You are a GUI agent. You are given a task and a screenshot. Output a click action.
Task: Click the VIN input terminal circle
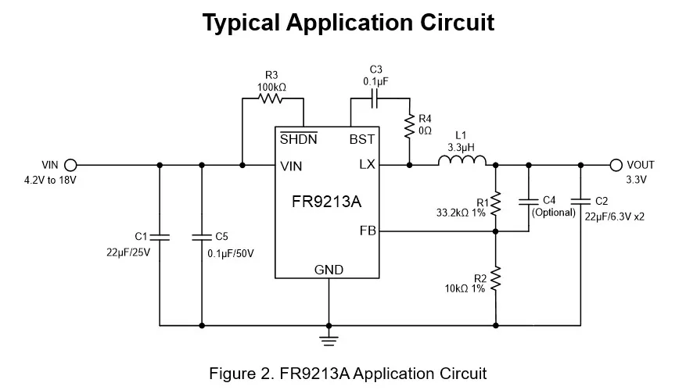(x=71, y=165)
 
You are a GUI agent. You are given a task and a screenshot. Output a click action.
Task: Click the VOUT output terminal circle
(x=616, y=165)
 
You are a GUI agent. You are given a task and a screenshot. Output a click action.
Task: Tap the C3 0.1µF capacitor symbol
(x=375, y=99)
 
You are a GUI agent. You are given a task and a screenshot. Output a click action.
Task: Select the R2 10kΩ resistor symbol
(x=496, y=279)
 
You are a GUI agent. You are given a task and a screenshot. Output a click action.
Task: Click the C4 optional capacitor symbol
(x=529, y=201)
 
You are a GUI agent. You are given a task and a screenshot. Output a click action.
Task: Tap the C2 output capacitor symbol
(x=581, y=201)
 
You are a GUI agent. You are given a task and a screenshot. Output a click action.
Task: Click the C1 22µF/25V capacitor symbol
(x=160, y=235)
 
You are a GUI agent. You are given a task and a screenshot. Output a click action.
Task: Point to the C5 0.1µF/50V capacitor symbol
(x=202, y=235)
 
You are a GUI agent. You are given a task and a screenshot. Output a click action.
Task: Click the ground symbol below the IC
(x=329, y=338)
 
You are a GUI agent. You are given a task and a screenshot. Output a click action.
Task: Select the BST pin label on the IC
(x=361, y=139)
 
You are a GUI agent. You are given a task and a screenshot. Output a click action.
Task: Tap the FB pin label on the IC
(x=367, y=231)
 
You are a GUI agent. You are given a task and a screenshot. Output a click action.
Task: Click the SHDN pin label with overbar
(x=298, y=139)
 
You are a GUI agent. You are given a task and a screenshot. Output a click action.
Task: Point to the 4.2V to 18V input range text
(x=52, y=180)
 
